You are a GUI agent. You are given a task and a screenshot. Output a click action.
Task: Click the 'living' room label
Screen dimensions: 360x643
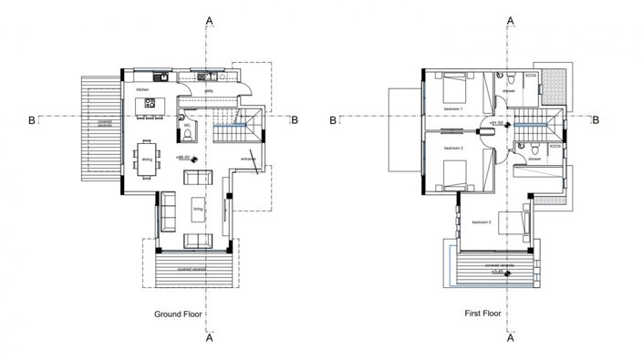tap(198, 210)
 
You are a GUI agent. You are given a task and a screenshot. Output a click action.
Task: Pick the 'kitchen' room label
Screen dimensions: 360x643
tap(142, 90)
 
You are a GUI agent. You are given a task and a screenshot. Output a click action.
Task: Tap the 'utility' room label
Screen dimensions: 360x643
tap(208, 91)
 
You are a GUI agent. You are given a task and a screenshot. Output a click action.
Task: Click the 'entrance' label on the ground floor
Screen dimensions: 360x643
tap(248, 159)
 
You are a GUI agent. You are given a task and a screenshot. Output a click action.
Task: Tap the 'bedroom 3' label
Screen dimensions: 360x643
tap(482, 221)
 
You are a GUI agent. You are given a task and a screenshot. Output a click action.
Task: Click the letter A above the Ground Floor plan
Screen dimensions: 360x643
tap(211, 18)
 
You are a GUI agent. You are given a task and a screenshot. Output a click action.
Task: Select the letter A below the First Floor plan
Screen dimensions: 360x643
tap(510, 338)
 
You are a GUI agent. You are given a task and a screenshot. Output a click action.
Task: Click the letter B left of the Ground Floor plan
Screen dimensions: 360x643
tap(32, 118)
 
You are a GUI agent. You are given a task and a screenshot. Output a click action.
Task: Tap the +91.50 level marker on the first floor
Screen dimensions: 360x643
tap(497, 121)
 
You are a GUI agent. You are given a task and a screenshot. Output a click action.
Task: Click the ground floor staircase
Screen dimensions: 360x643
tap(237, 131)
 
